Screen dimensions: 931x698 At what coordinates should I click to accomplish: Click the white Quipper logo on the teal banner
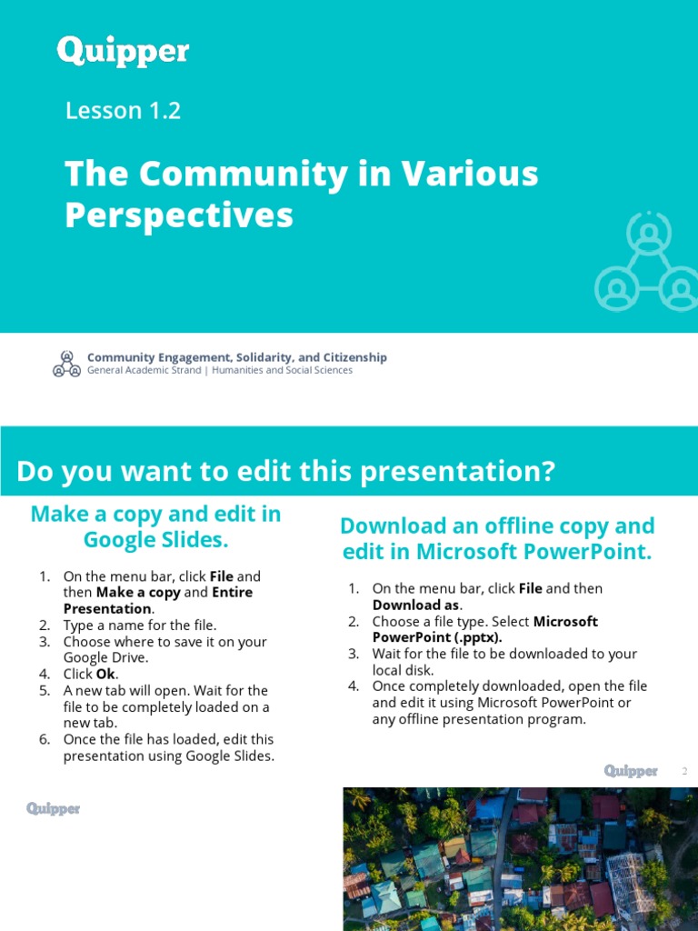(x=123, y=51)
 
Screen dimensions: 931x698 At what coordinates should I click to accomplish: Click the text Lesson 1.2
(x=123, y=111)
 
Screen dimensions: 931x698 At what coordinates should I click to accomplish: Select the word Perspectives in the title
(x=179, y=215)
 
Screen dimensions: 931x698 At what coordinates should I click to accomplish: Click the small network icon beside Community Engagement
(x=66, y=364)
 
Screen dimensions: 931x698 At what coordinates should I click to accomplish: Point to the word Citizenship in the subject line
(x=353, y=357)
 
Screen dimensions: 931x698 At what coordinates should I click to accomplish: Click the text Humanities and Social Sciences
(x=282, y=371)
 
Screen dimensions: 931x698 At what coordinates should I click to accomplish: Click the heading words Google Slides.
(x=155, y=540)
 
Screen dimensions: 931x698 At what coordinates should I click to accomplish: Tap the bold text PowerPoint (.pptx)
(x=437, y=638)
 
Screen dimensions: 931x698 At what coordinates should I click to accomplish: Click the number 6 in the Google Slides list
(x=43, y=739)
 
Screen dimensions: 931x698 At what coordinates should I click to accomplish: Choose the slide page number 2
(x=685, y=772)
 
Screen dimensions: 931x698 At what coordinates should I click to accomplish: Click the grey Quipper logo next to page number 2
(x=631, y=771)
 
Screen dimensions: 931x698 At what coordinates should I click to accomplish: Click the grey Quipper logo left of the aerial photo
(x=53, y=808)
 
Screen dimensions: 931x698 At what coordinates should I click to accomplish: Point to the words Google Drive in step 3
(x=105, y=658)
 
